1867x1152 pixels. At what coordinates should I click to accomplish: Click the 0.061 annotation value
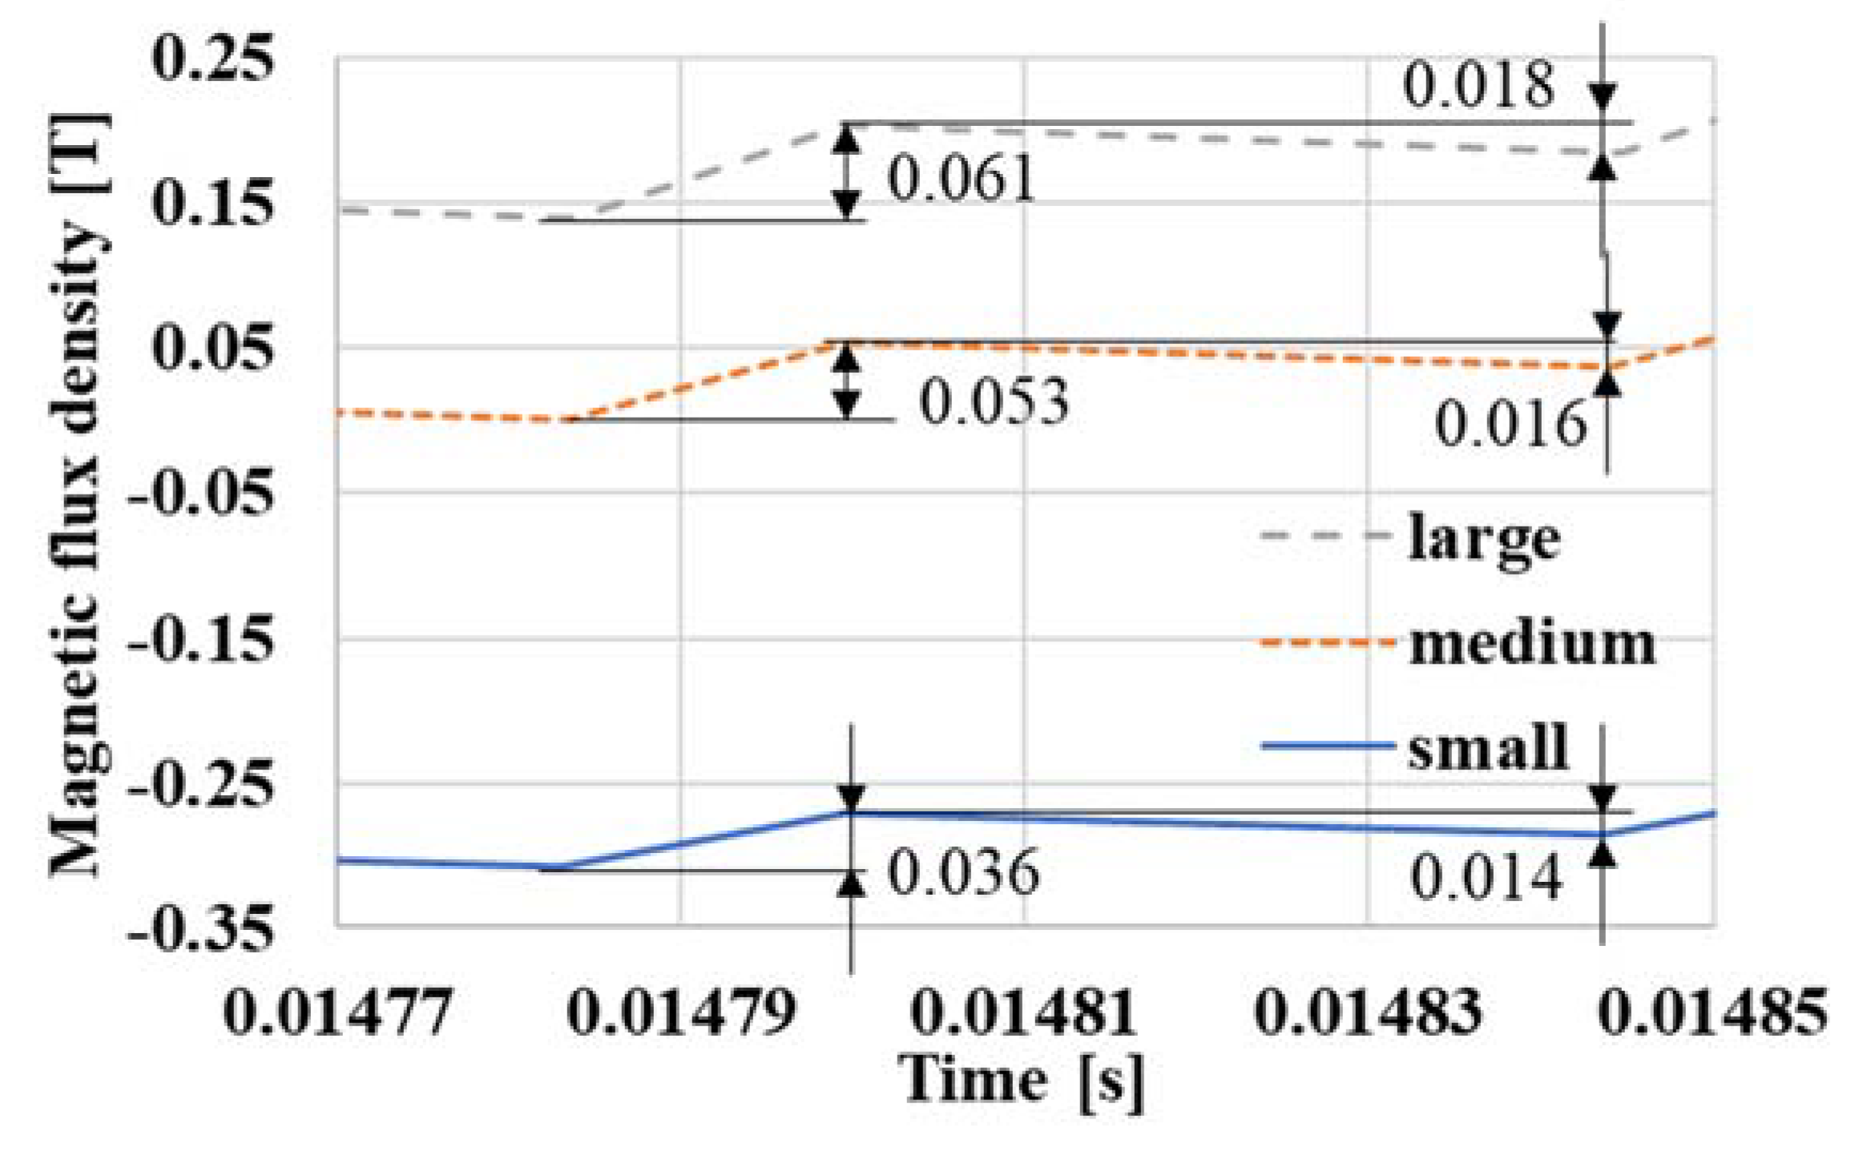[x=961, y=178]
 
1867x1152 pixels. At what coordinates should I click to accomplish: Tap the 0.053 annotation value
[x=994, y=400]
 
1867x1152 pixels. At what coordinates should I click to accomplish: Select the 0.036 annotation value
[x=963, y=871]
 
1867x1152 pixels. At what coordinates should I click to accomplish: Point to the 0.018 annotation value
[x=1478, y=84]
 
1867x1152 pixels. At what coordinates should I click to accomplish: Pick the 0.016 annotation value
[x=1510, y=423]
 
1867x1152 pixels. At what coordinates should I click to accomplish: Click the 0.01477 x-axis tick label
[x=337, y=1012]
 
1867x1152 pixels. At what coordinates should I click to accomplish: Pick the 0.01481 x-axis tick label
[x=1024, y=1012]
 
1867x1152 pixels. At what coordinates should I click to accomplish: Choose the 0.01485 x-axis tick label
[x=1713, y=1012]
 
